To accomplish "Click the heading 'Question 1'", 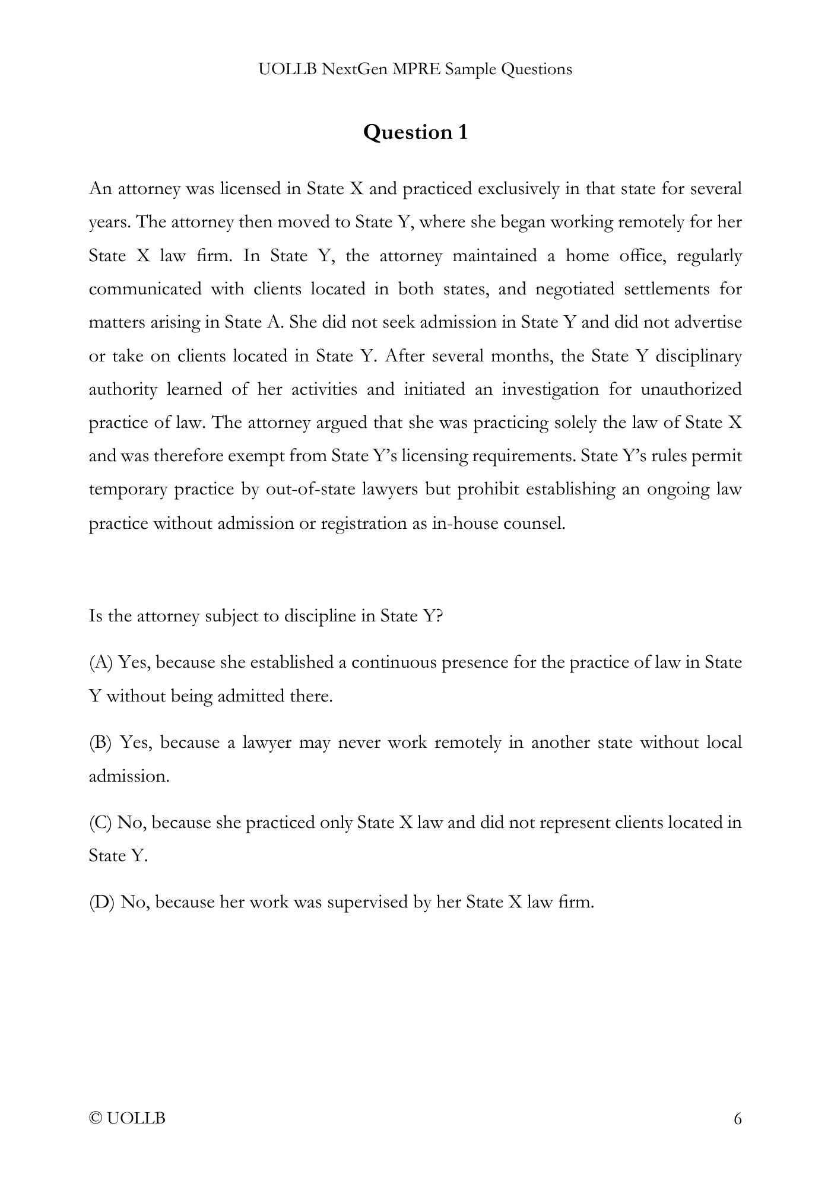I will click(415, 132).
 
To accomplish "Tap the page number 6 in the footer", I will click(738, 1119).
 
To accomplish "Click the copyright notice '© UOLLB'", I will click(127, 1119).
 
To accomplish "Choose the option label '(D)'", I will click(102, 903).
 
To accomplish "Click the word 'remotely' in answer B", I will click(468, 742).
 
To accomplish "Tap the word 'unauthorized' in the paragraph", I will click(692, 389).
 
